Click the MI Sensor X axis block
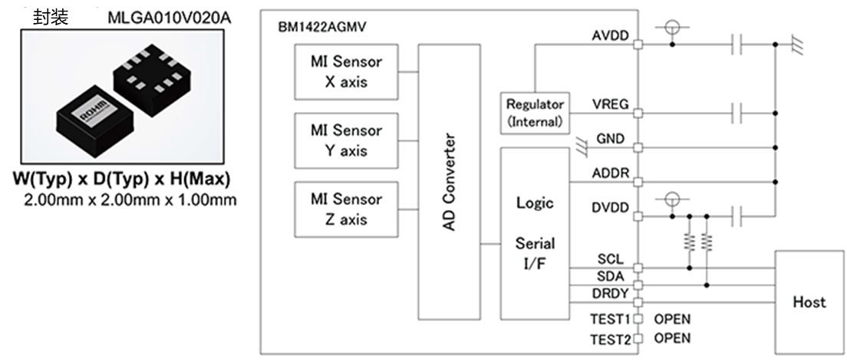click(x=344, y=71)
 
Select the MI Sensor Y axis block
click(x=344, y=140)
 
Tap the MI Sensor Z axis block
click(x=344, y=210)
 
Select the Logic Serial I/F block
click(x=535, y=236)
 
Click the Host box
click(x=809, y=302)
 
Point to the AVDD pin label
click(x=611, y=35)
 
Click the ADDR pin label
click(x=611, y=173)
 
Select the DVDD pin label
click(x=611, y=207)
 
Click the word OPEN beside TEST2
click(x=672, y=338)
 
